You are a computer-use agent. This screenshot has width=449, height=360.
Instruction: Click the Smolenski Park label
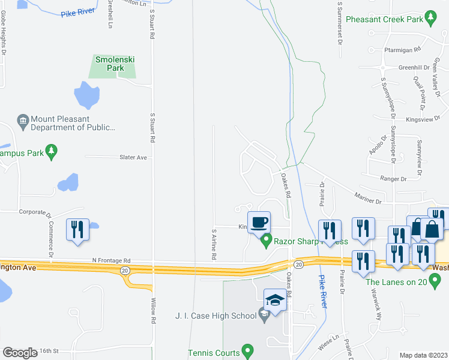112,64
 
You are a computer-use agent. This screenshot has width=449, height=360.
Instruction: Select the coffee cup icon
259,223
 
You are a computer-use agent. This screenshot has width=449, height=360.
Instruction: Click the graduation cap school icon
275,299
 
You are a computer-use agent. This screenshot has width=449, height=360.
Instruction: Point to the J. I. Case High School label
215,316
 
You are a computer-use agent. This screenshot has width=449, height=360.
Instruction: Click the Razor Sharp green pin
266,241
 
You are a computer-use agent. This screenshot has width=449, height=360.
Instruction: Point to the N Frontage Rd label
111,260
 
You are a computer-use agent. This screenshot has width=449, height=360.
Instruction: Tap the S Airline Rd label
213,242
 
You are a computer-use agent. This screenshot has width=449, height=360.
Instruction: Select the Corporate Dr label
32,212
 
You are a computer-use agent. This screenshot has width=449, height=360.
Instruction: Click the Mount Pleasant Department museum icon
23,122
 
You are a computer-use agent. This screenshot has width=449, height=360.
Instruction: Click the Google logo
20,353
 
